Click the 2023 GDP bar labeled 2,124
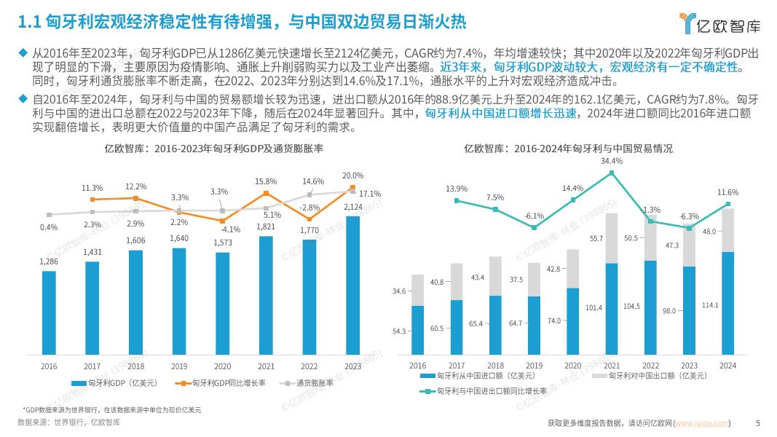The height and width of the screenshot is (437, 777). (352, 284)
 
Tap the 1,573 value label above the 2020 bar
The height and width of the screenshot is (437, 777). (223, 243)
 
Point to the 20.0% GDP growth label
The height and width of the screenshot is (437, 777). (352, 176)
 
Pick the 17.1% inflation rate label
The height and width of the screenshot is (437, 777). (371, 194)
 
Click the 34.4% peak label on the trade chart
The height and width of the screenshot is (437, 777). (612, 161)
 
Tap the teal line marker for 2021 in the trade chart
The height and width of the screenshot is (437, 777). (612, 173)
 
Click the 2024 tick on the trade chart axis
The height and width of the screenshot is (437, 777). (727, 366)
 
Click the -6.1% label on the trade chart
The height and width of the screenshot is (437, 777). (535, 216)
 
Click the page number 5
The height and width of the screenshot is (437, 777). (758, 423)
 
